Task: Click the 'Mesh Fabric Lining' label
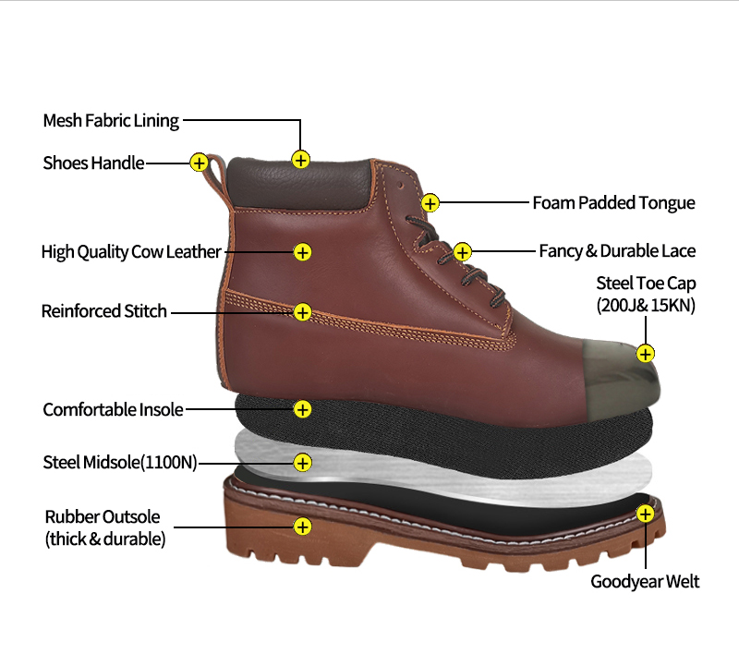pos(111,120)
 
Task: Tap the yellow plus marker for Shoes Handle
pos(199,163)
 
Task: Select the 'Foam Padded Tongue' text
pos(613,202)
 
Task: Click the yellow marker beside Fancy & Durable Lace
pos(463,251)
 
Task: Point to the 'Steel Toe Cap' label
pos(646,283)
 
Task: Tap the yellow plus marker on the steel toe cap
pos(646,353)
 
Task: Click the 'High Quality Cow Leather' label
pos(131,251)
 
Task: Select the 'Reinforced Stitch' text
pos(104,311)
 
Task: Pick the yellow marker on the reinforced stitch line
pos(302,312)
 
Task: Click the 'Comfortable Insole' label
pos(113,409)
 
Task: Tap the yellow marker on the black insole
pos(302,408)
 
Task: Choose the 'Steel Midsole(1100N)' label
pos(120,462)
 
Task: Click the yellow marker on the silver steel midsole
pos(302,461)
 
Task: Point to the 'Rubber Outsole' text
pos(103,517)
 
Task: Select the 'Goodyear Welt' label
pos(645,581)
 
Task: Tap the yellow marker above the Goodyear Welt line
pos(646,514)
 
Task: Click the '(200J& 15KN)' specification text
pos(646,305)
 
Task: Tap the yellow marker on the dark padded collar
pos(300,159)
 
